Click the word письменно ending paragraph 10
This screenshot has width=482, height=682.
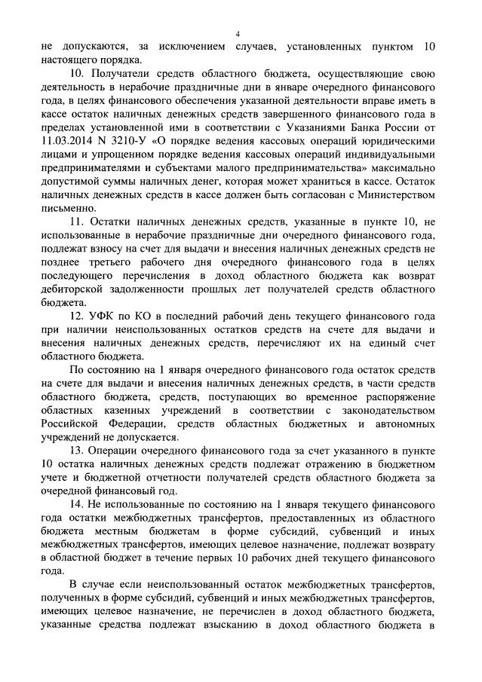(69, 208)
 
